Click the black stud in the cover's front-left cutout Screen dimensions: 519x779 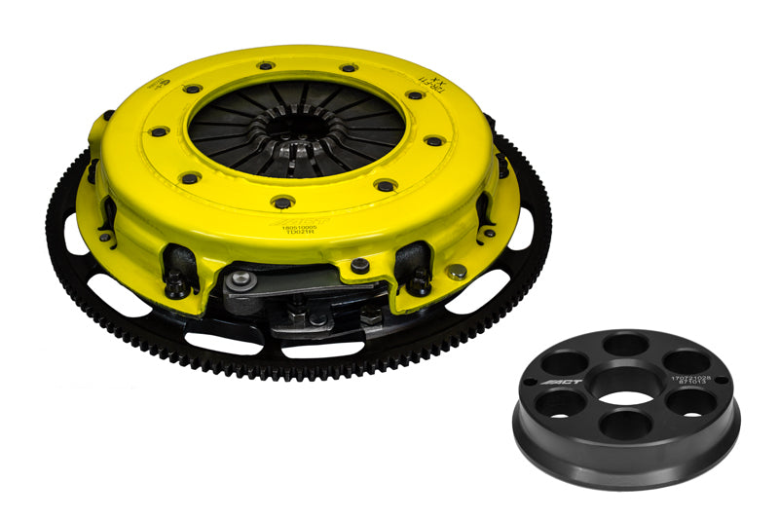178,283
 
